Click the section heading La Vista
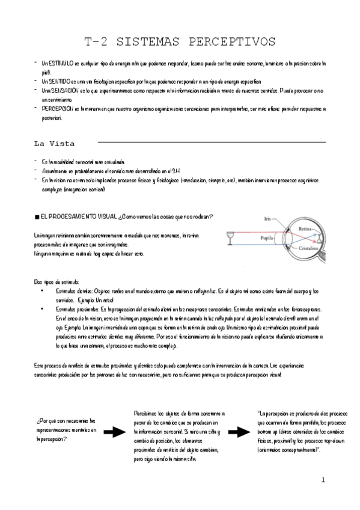(x=53, y=144)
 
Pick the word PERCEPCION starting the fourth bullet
(x=58, y=109)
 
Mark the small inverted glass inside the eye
(x=321, y=239)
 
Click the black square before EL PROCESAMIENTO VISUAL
(x=36, y=216)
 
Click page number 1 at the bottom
(x=323, y=480)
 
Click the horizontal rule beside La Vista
(x=211, y=143)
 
